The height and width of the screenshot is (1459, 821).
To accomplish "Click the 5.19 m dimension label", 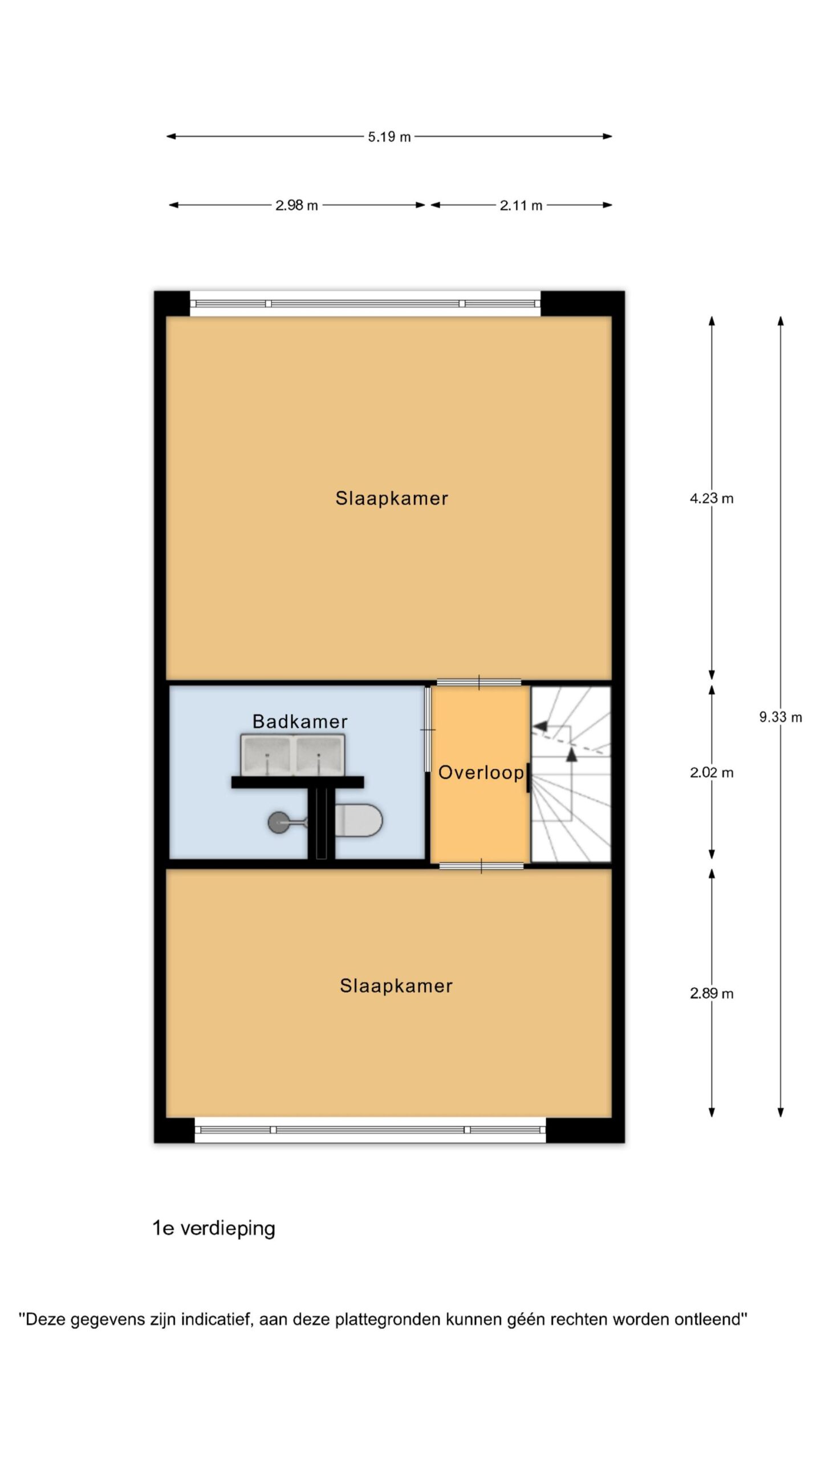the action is [389, 137].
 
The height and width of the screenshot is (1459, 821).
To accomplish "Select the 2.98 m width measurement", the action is [296, 205].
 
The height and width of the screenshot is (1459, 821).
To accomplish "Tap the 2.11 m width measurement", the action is [521, 205].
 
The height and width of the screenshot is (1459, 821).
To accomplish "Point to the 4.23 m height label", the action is [712, 499].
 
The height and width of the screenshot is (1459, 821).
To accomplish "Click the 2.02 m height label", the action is [712, 773].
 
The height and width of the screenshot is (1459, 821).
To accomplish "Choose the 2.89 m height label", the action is [712, 993].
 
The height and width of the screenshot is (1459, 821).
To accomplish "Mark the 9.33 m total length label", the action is [781, 718].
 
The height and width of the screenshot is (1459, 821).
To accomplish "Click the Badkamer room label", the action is [300, 722].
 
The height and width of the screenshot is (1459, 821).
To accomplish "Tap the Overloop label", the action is [481, 772].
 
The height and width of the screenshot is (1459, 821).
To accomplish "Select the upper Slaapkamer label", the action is [392, 498].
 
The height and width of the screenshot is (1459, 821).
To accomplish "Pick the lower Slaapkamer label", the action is [396, 985].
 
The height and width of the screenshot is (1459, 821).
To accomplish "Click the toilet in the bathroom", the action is [358, 820].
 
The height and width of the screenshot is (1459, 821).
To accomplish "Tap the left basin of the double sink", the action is [267, 755].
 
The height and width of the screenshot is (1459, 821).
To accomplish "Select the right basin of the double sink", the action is [319, 755].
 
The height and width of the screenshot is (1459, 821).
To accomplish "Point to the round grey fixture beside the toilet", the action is [278, 822].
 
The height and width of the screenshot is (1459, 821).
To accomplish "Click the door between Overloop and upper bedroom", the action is [479, 682].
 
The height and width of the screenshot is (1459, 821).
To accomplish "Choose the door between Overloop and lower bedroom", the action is [481, 866].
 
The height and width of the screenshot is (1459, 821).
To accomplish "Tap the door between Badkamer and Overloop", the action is [428, 729].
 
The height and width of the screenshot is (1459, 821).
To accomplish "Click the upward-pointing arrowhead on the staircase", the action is [571, 755].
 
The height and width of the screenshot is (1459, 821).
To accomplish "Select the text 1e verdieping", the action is [214, 1228].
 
